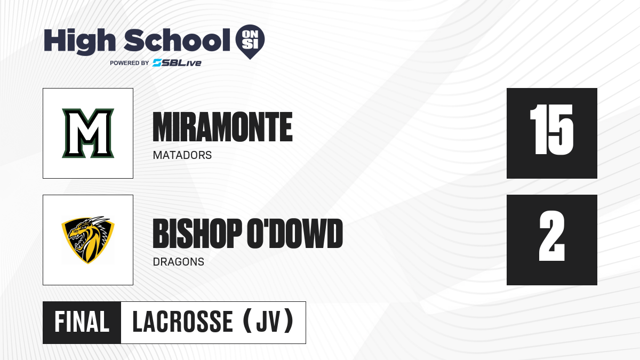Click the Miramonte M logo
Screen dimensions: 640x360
[x=88, y=133]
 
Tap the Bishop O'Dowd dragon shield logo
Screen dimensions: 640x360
[x=88, y=240]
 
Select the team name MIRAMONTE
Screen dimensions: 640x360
[x=222, y=127]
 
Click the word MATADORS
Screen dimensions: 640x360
[x=182, y=155]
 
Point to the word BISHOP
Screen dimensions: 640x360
[x=197, y=234]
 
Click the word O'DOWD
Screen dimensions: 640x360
[x=295, y=234]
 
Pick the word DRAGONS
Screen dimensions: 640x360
[x=179, y=262]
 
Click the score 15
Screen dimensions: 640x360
[x=551, y=130]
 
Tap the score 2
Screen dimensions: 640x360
[x=552, y=236]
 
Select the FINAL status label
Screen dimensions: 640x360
[x=82, y=322]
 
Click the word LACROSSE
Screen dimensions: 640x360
[x=183, y=322]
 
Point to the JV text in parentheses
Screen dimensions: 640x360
[x=268, y=322]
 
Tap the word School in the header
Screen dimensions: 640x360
[x=177, y=40]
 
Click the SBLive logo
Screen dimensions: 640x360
[x=177, y=63]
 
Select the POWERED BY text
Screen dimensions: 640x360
[x=130, y=63]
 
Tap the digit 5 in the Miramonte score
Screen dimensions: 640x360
[x=562, y=130]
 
